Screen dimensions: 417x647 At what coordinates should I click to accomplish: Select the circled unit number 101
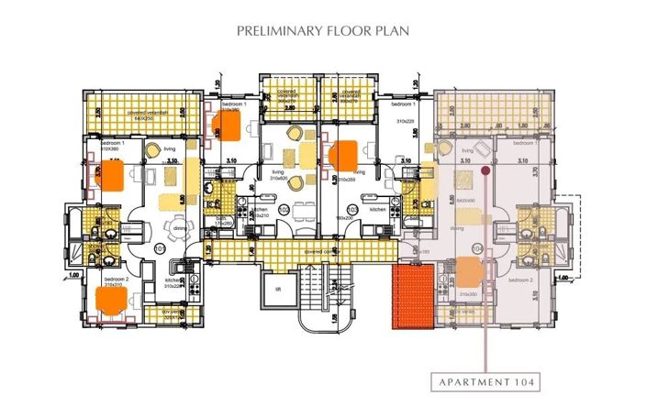tap(158, 247)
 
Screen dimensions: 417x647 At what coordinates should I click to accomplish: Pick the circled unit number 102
tap(284, 210)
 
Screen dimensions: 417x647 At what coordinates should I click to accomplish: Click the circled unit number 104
tap(476, 248)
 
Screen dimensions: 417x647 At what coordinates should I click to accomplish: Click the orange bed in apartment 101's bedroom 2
tap(112, 300)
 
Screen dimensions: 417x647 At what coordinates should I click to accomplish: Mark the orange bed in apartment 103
tap(346, 155)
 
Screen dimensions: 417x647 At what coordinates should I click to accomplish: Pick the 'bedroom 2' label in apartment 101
tap(114, 278)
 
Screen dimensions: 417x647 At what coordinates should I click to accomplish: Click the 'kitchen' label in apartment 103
tap(378, 210)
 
